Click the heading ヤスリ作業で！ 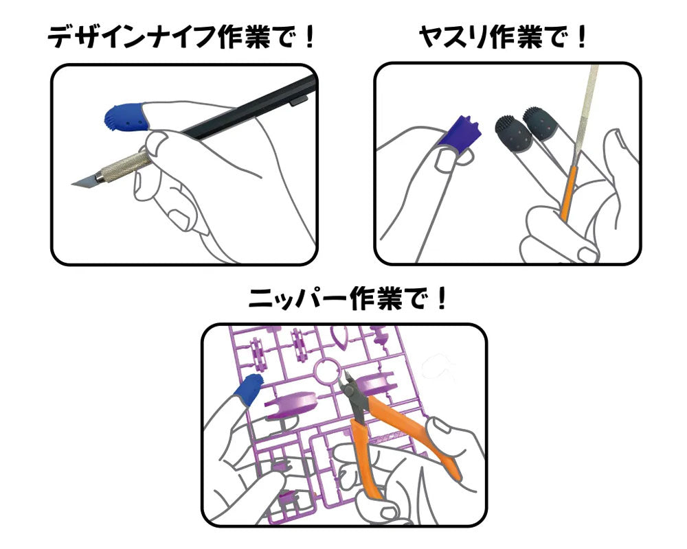[x=503, y=37]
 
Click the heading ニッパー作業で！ [x=348, y=299]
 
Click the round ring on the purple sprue [x=325, y=373]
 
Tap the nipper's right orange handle [x=420, y=438]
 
